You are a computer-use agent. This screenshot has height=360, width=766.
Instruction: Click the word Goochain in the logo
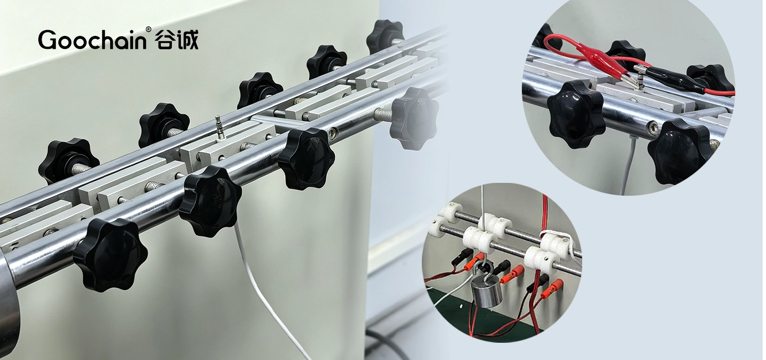pyautogui.click(x=92, y=40)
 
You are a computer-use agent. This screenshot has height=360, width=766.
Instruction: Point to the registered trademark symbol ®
pyautogui.click(x=148, y=29)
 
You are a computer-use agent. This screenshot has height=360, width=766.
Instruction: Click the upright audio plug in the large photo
pyautogui.click(x=218, y=128)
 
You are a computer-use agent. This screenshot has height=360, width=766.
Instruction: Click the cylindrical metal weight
pyautogui.click(x=486, y=290)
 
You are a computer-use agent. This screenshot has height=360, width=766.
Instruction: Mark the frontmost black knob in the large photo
pyautogui.click(x=110, y=255)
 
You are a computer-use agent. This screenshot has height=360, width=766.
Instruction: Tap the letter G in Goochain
pyautogui.click(x=47, y=40)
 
